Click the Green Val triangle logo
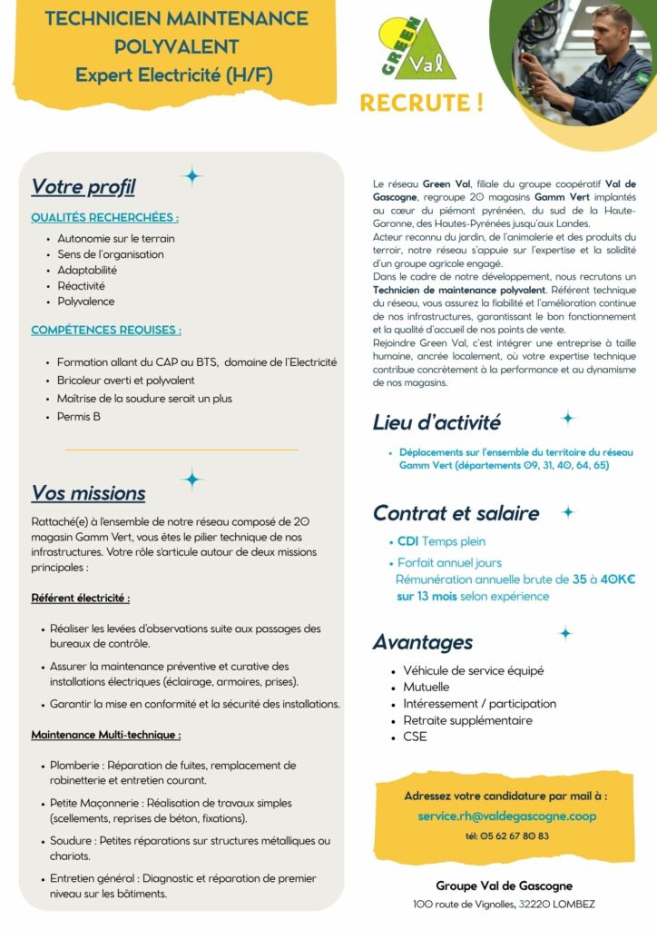tap(418, 49)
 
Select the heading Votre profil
tap(83, 187)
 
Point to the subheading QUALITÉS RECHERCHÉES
tap(104, 218)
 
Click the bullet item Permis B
tap(79, 417)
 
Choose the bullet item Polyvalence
tap(86, 301)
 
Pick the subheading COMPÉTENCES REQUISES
tap(105, 330)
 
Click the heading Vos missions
tap(88, 493)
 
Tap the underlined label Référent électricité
tap(80, 599)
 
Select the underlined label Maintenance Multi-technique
tap(105, 734)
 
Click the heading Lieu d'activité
tap(436, 422)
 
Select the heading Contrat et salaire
tap(456, 513)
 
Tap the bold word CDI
tap(407, 542)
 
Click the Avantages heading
tap(422, 642)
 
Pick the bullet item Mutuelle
tap(427, 688)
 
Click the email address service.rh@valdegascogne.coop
tap(506, 816)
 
